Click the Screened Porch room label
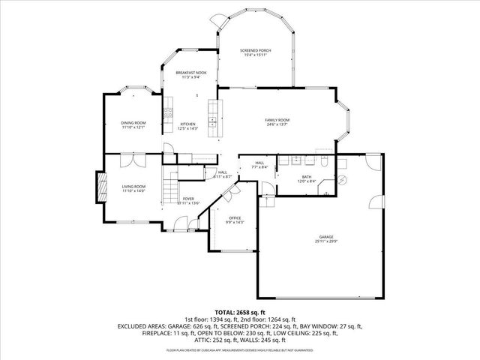(255, 50)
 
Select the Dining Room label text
(133, 122)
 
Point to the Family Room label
(277, 120)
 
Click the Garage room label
(325, 237)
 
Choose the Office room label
(235, 217)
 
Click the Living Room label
(133, 186)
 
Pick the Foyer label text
(188, 199)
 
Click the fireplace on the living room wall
(97, 187)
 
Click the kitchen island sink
(212, 118)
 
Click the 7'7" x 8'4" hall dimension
(259, 167)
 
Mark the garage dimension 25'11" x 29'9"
(325, 241)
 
